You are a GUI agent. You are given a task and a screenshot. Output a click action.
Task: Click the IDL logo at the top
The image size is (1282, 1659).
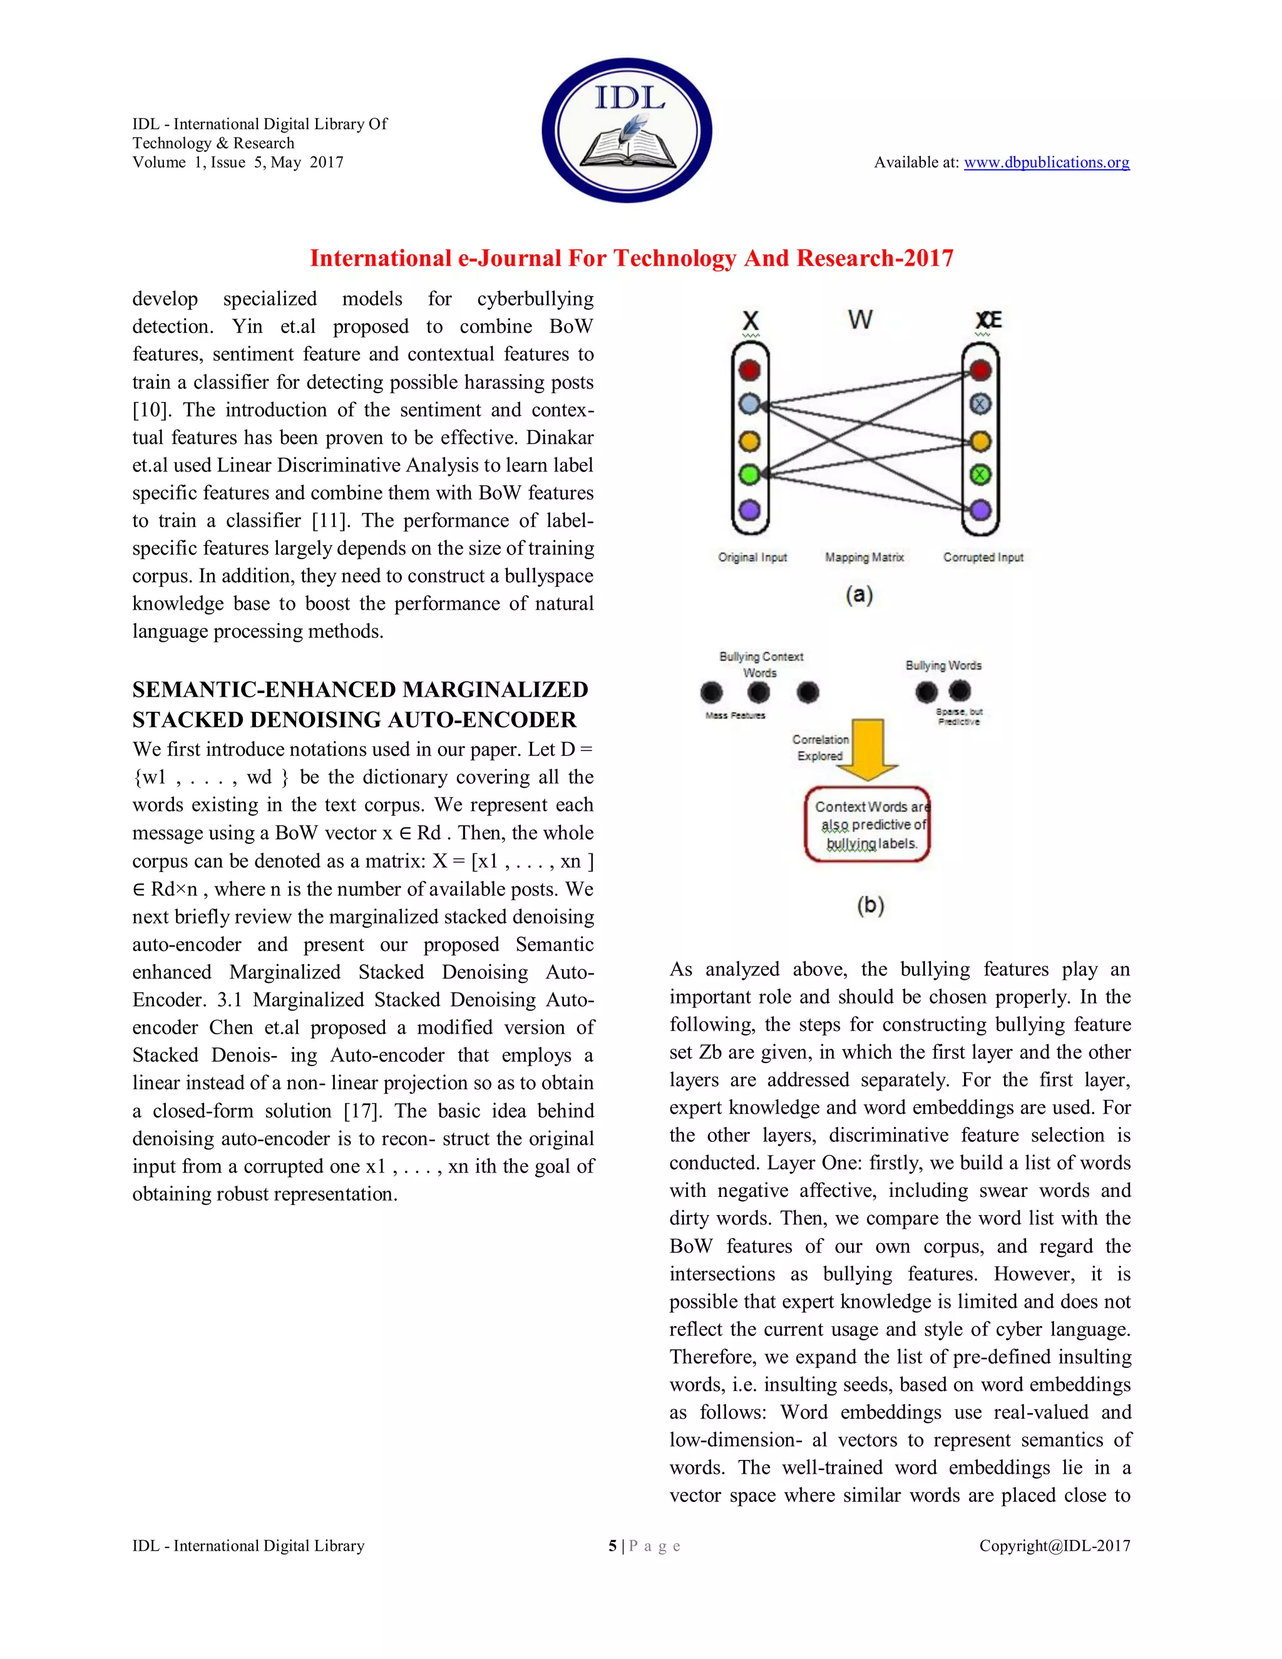[x=627, y=130]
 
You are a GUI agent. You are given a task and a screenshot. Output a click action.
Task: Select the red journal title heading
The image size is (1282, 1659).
[x=631, y=259]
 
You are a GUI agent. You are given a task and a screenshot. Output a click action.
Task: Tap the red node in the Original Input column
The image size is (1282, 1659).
[x=749, y=370]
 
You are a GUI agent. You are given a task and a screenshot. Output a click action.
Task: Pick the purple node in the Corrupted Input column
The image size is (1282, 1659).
[x=980, y=510]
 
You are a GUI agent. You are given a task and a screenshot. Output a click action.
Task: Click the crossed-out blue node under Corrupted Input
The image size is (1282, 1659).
[x=980, y=404]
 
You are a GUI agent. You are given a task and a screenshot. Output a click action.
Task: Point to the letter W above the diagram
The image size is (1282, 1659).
[x=859, y=319]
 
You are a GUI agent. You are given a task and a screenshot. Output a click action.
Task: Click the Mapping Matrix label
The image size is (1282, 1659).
[x=864, y=558]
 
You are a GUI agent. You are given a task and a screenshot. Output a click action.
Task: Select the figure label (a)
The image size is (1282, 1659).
[x=859, y=595]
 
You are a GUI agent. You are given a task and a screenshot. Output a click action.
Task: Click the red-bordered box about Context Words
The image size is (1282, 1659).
[x=868, y=825]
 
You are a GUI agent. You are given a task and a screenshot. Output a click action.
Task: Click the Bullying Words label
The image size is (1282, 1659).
[x=943, y=665]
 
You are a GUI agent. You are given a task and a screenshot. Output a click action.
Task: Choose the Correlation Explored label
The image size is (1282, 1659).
[x=820, y=747]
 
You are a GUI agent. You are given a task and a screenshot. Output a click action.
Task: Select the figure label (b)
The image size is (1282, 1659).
[x=870, y=905]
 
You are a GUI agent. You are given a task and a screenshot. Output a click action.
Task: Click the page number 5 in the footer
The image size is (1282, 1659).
[x=612, y=1546]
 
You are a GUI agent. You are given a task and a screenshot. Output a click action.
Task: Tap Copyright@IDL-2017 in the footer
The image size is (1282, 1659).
[x=1054, y=1546]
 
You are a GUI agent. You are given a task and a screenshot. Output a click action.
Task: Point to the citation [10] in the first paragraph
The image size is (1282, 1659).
[x=149, y=410]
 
